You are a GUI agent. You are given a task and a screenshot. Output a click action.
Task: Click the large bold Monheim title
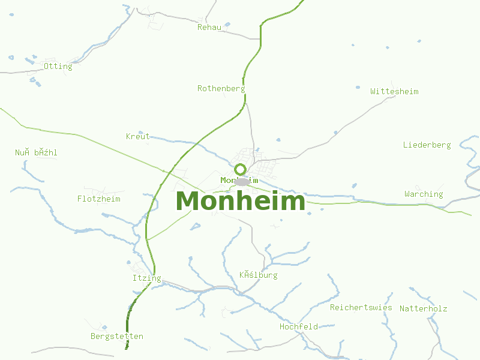(x=241, y=201)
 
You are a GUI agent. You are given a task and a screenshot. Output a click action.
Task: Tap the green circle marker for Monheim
(x=241, y=169)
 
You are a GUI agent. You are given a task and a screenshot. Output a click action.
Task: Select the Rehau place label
(x=209, y=27)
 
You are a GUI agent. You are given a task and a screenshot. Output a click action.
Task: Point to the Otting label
(x=58, y=66)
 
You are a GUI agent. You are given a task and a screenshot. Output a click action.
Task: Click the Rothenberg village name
(x=221, y=88)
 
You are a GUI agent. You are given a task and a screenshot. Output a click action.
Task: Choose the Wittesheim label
(x=394, y=91)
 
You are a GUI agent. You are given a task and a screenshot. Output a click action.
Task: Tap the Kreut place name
(x=138, y=136)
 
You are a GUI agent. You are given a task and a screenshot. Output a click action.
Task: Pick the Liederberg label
(x=427, y=145)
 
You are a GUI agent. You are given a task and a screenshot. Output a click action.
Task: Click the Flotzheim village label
(x=98, y=199)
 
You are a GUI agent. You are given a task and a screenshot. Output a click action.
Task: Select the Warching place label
(x=424, y=194)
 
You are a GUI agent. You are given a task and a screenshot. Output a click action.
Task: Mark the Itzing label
(x=146, y=278)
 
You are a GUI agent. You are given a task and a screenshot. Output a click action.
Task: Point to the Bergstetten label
(x=117, y=336)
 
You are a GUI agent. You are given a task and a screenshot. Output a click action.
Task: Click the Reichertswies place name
(x=361, y=307)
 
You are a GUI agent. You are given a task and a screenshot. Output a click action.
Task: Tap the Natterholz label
(x=423, y=308)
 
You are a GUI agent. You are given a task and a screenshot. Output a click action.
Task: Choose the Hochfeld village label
(x=298, y=326)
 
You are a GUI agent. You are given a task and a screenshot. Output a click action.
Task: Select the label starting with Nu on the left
(x=36, y=152)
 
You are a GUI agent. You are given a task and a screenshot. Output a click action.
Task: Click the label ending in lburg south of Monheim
(x=258, y=275)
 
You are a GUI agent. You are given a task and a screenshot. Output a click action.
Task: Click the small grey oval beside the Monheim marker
(x=242, y=181)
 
